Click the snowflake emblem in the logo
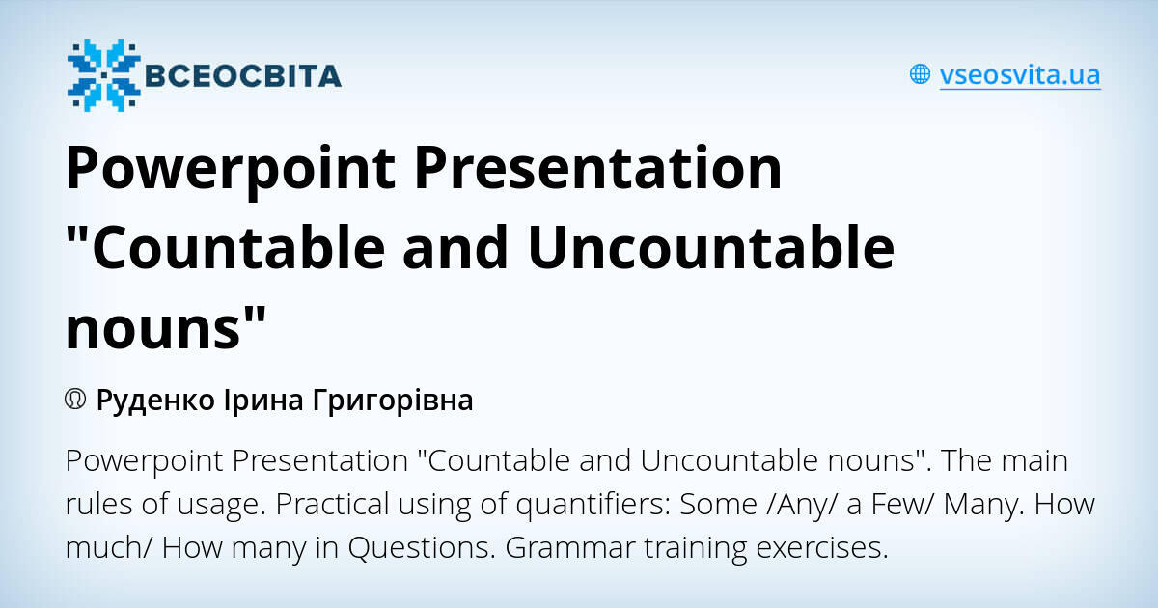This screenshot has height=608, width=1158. pyautogui.click(x=103, y=74)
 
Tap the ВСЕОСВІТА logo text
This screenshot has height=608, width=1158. pyautogui.click(x=242, y=75)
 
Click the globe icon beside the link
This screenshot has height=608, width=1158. pyautogui.click(x=920, y=74)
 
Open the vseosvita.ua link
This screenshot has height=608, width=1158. pyautogui.click(x=1020, y=74)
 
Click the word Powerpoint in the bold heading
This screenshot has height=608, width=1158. pyautogui.click(x=229, y=167)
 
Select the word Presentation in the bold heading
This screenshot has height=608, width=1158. pyautogui.click(x=598, y=167)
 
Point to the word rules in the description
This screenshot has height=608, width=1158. pyautogui.click(x=98, y=505)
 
